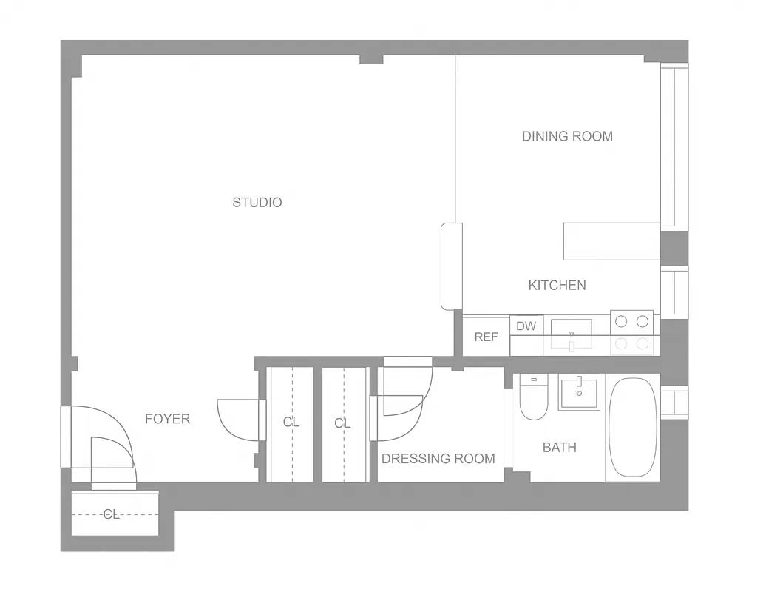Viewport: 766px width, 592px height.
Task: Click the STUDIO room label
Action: click(x=257, y=202)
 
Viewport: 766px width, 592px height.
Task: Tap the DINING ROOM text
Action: click(x=567, y=136)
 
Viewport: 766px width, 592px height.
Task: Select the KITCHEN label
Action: click(x=557, y=285)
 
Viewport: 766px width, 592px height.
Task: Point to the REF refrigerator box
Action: click(x=486, y=337)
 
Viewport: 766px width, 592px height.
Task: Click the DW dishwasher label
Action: click(x=526, y=326)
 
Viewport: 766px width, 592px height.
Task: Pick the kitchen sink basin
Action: click(x=571, y=333)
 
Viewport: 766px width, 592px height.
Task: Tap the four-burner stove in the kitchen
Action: click(x=631, y=332)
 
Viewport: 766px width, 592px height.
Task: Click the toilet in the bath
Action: click(x=532, y=399)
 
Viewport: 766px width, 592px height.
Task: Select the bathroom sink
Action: click(x=580, y=393)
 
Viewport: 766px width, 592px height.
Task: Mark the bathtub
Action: click(x=632, y=428)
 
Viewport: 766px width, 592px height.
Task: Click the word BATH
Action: click(x=559, y=447)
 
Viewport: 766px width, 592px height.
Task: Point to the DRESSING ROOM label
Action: click(x=438, y=459)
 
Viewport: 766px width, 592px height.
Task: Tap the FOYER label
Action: click(x=167, y=419)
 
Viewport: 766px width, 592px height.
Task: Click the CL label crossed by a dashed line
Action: click(x=111, y=514)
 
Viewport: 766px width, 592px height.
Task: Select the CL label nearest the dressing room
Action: click(x=342, y=423)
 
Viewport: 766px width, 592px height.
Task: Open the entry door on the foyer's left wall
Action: click(x=104, y=444)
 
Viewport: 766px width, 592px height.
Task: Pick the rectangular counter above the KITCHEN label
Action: click(x=611, y=241)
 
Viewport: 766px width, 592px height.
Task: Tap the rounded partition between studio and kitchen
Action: click(x=451, y=266)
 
